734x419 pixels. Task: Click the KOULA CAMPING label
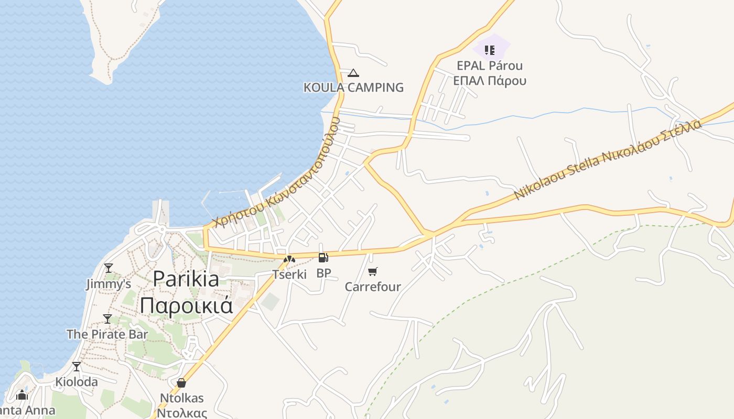(353, 87)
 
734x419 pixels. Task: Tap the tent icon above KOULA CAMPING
(353, 73)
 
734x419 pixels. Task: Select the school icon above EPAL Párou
(490, 50)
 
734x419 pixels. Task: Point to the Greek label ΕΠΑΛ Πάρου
(490, 81)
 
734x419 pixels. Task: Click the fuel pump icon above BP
(323, 258)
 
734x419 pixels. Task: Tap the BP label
(323, 273)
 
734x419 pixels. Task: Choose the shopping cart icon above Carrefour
(372, 271)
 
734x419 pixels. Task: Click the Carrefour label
(372, 286)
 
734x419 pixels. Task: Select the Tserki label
(289, 274)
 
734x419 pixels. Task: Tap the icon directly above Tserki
(289, 259)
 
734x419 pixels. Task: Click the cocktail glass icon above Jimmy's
(109, 268)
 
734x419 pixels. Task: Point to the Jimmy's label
(109, 284)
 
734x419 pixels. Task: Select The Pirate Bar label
(107, 334)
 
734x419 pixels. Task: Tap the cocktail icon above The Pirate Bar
(107, 318)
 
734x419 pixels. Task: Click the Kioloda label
(77, 382)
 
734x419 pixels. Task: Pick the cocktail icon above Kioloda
(77, 366)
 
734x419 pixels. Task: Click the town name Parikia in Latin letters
(186, 279)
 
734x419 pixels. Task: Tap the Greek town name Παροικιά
(186, 305)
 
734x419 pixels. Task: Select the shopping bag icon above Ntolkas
(181, 383)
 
